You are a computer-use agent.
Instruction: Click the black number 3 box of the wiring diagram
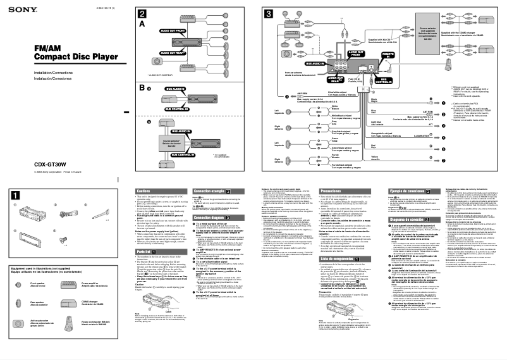[269, 14]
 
